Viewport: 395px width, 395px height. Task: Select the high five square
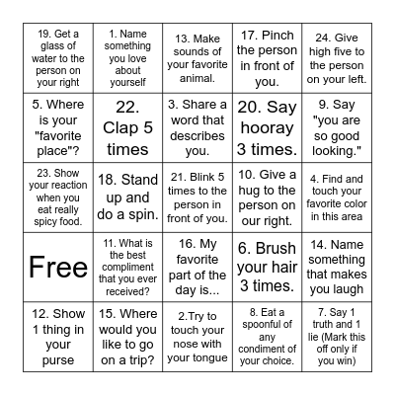click(x=333, y=55)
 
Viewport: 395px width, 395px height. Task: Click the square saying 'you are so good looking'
click(x=333, y=124)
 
